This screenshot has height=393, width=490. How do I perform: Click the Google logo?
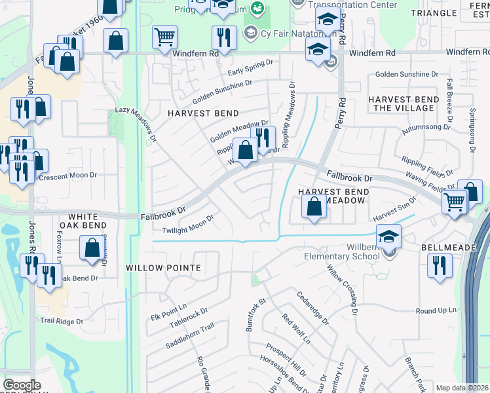point(22,385)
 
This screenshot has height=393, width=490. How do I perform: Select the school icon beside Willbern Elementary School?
point(388,236)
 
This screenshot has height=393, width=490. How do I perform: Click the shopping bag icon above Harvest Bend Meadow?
point(314,208)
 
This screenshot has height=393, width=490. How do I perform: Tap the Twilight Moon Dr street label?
point(189,226)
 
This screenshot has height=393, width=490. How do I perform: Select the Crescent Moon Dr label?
point(68,176)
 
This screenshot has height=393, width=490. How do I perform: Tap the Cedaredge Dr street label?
point(312,308)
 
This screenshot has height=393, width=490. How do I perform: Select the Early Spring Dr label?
point(249,66)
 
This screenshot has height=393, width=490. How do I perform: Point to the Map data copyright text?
point(462,388)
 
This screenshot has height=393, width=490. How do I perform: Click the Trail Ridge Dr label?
point(62,322)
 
